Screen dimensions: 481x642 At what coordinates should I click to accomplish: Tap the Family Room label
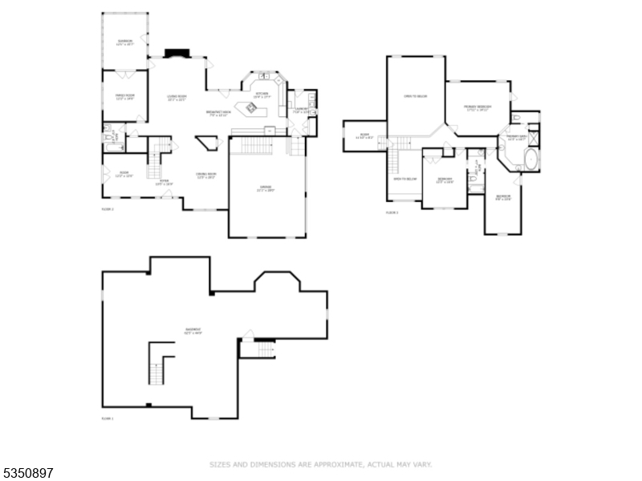pos(124,98)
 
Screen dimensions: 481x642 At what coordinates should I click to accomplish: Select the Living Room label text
pos(177,98)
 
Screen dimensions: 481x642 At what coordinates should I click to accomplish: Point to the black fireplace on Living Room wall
pos(176,54)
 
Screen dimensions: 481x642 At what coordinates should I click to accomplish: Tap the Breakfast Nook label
pos(218,113)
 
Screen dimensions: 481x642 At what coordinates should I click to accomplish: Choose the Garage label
pos(266,190)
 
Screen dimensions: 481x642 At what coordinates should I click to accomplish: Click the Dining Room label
pos(206,176)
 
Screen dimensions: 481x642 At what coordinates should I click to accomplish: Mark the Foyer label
pos(164,183)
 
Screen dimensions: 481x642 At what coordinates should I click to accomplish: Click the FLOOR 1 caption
pos(108,419)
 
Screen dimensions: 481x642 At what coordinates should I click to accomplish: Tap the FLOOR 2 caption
pos(108,209)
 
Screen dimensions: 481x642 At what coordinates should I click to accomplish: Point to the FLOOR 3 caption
pos(392,212)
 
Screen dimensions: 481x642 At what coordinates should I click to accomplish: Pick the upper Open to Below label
pos(416,96)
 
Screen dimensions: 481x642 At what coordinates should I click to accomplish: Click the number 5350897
pos(28,474)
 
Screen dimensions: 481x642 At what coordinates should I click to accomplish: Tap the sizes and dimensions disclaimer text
pos(321,464)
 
